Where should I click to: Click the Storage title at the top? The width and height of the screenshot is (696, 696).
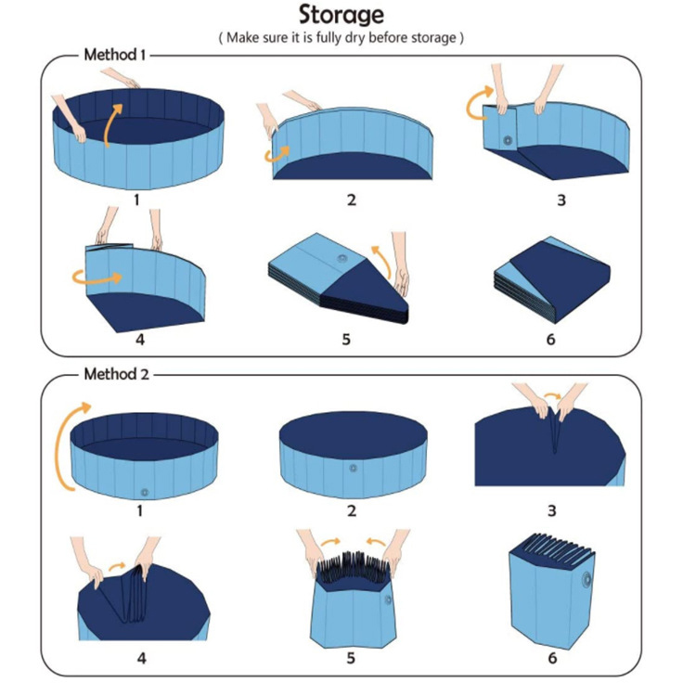(x=341, y=16)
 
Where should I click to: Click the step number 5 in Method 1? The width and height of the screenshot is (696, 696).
(x=345, y=339)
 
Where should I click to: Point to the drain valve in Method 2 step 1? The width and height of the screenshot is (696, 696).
(x=143, y=490)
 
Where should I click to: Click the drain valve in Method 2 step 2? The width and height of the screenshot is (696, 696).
(x=353, y=469)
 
